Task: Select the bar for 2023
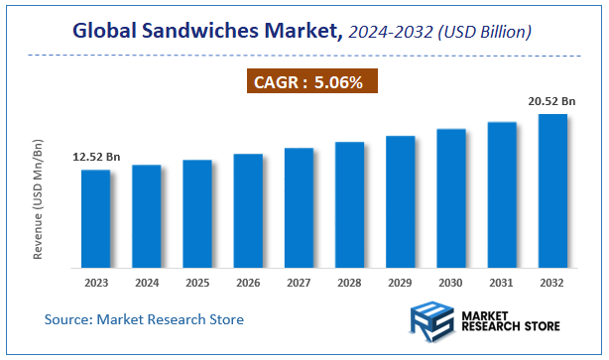96,218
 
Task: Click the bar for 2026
248,210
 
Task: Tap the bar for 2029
400,201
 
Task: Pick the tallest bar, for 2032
552,190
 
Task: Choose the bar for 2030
451,197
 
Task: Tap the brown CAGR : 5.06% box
312,81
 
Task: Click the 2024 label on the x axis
147,282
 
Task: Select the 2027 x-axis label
299,282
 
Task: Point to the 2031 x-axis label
502,282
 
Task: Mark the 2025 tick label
197,282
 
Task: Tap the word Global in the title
106,33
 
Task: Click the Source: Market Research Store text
144,319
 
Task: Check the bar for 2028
349,204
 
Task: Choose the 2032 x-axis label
552,282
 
